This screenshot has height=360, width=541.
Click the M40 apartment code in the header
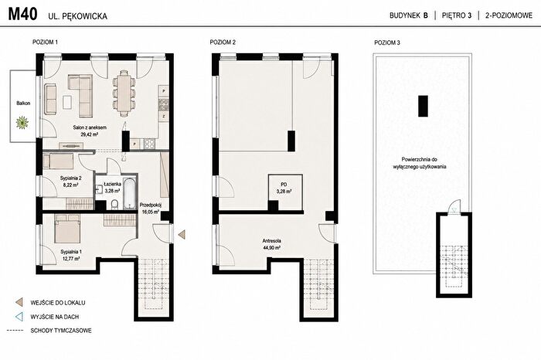[22, 15]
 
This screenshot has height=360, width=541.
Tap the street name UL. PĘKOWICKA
[77, 16]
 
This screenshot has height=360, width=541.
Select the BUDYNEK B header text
[409, 15]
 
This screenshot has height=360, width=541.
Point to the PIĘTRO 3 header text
[457, 15]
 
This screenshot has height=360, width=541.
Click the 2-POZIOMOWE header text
[509, 15]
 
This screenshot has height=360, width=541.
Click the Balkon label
[23, 103]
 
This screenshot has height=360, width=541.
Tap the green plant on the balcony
[22, 122]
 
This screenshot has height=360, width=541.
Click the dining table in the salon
[124, 90]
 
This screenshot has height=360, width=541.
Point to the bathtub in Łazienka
[130, 193]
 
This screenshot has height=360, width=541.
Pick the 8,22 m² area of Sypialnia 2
[71, 185]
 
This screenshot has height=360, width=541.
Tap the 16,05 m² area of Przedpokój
[151, 212]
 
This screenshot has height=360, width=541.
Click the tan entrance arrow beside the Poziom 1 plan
[182, 235]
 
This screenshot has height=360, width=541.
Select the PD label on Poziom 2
[284, 185]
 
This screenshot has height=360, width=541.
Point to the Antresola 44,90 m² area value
[271, 247]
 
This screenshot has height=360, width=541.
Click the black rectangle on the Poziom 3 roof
[423, 106]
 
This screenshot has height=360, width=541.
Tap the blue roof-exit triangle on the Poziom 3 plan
[454, 209]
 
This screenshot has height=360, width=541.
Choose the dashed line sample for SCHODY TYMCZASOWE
[15, 331]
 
